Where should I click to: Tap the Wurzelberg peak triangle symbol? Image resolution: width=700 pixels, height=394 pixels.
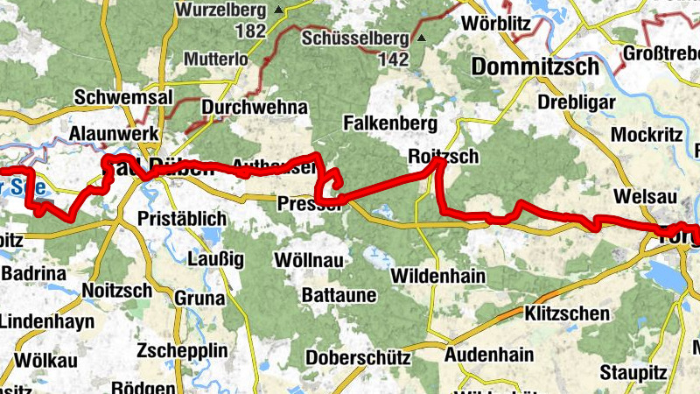click(x=278, y=11)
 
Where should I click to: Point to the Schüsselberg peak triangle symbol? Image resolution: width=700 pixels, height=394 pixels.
click(x=420, y=39)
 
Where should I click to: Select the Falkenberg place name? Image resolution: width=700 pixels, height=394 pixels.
click(x=388, y=122)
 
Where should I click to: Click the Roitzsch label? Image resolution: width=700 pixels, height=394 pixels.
click(x=443, y=157)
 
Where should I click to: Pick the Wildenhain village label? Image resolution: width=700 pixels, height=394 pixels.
click(x=438, y=276)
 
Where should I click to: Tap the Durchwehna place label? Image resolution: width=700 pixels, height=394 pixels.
click(x=255, y=107)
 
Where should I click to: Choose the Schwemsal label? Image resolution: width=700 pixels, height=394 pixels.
click(x=123, y=97)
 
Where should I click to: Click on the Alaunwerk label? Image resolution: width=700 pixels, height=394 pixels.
click(x=114, y=133)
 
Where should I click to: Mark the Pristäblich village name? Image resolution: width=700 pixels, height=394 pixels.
click(x=184, y=218)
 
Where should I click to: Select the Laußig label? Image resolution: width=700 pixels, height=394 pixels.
click(x=216, y=258)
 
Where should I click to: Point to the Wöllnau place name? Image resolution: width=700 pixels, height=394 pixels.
click(x=308, y=260)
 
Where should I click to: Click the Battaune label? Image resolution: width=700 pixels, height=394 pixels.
click(x=339, y=296)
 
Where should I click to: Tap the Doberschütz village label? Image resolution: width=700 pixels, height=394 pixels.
click(x=358, y=358)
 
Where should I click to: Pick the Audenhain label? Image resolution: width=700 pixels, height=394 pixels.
click(x=489, y=355)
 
